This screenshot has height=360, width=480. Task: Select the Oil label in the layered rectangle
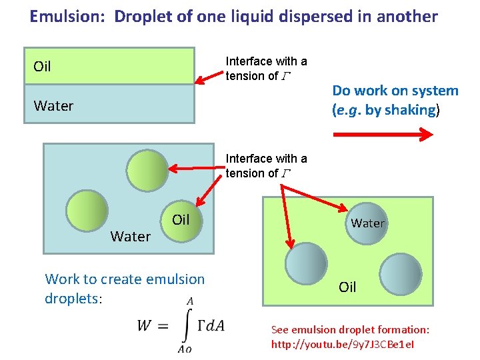[x=42, y=67]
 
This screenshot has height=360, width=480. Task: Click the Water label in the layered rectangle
[x=53, y=105]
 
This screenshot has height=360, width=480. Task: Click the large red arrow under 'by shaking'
[x=383, y=134]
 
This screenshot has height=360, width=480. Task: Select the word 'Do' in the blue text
[x=341, y=91]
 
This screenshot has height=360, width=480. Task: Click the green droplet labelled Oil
[x=181, y=219]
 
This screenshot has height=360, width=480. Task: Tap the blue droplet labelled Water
[x=367, y=223]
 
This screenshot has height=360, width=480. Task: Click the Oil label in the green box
[x=347, y=287]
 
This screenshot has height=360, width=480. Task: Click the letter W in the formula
[x=145, y=325]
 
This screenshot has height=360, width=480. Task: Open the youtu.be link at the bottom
[x=342, y=345]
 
